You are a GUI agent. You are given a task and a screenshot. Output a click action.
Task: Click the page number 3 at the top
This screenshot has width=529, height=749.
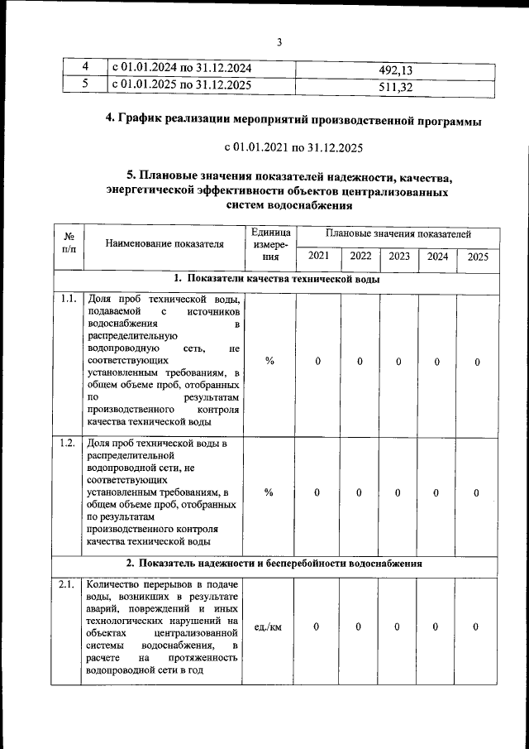(279, 43)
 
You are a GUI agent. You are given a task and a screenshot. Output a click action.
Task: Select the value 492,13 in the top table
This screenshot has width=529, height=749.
(394, 69)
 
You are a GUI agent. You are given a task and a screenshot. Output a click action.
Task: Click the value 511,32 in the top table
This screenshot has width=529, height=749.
(394, 86)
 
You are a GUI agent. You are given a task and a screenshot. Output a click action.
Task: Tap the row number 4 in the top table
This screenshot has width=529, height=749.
(84, 68)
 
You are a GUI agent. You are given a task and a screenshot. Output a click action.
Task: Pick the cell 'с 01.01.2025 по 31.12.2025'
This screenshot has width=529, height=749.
(181, 85)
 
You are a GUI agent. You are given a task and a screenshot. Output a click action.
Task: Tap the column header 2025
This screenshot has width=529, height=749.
(478, 257)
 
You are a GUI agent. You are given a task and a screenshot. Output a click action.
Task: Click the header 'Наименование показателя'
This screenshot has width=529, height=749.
(165, 244)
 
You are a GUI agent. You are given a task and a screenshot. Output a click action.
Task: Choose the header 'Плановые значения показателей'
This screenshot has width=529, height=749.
(398, 236)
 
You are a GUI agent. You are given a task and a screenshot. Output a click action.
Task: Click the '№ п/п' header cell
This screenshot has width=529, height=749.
(69, 242)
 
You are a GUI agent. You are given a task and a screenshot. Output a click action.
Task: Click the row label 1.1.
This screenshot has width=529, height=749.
(69, 299)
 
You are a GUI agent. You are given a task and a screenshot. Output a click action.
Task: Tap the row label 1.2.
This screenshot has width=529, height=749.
(69, 443)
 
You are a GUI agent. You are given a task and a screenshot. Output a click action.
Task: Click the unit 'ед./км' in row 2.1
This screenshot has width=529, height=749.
(269, 627)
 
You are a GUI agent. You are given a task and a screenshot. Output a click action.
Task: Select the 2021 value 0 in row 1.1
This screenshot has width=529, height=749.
(318, 362)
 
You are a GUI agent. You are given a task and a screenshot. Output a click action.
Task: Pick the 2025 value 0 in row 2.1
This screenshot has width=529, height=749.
(477, 627)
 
